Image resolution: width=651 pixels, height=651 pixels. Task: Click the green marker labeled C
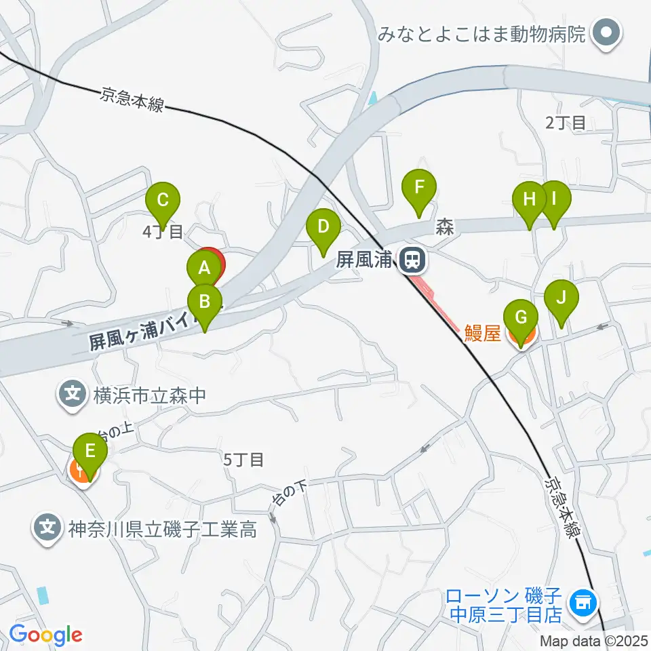click(x=163, y=200)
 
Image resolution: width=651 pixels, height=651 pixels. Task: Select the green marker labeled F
click(x=419, y=186)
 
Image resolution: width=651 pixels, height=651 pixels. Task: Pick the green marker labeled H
click(x=530, y=199)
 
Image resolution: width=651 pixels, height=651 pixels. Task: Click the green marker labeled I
click(x=554, y=199)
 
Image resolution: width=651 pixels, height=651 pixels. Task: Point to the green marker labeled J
click(x=561, y=296)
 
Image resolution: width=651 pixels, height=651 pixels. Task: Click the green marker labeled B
click(x=205, y=300)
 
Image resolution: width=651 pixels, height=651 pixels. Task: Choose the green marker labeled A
click(x=203, y=268)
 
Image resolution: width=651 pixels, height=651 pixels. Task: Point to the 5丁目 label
click(x=243, y=459)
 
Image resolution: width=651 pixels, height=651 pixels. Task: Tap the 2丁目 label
click(x=565, y=123)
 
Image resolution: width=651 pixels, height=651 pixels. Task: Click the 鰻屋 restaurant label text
click(x=482, y=332)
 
